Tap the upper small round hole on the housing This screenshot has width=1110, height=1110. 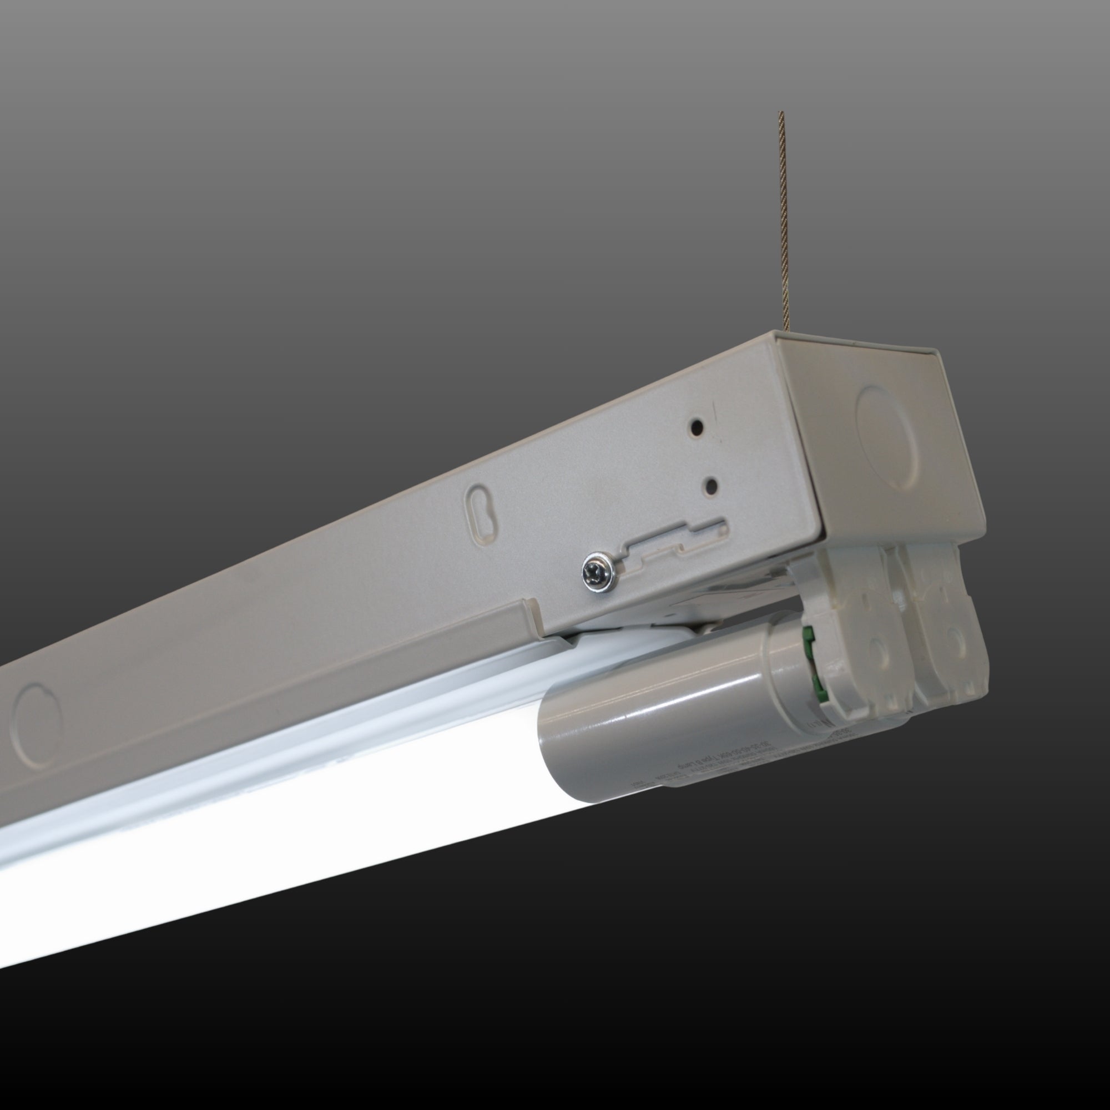697,427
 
